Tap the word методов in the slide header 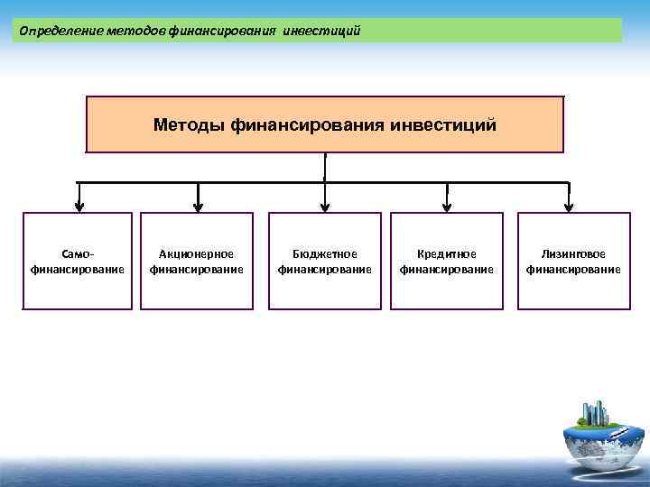(x=135, y=32)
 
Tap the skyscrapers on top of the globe (x=597, y=412)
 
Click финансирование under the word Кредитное (x=446, y=269)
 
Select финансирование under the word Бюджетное (x=325, y=269)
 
